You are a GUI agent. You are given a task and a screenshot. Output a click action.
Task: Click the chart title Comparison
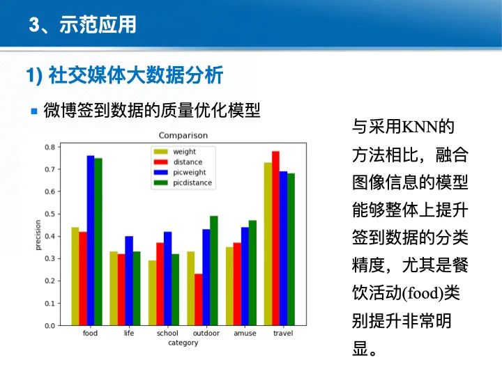pyautogui.click(x=183, y=135)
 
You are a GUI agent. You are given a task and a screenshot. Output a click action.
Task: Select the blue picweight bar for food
pyautogui.click(x=91, y=240)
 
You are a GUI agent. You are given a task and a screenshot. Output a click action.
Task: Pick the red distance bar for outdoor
pyautogui.click(x=199, y=299)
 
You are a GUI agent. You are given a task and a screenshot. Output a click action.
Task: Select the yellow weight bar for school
pyautogui.click(x=152, y=293)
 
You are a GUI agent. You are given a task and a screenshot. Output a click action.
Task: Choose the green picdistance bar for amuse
pyautogui.click(x=252, y=273)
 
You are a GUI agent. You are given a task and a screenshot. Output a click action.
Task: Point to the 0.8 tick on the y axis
pyautogui.click(x=50, y=147)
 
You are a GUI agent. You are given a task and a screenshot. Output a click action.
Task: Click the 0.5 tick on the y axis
pyautogui.click(x=50, y=214)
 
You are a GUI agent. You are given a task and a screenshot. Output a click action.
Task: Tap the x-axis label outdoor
pyautogui.click(x=206, y=334)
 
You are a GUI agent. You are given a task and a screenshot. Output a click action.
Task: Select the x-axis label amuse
pyautogui.click(x=245, y=334)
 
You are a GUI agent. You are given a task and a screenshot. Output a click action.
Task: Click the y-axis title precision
pyautogui.click(x=38, y=235)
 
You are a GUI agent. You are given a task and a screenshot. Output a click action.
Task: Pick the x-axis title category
pyautogui.click(x=183, y=343)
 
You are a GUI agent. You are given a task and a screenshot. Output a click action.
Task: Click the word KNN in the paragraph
pyautogui.click(x=420, y=127)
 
